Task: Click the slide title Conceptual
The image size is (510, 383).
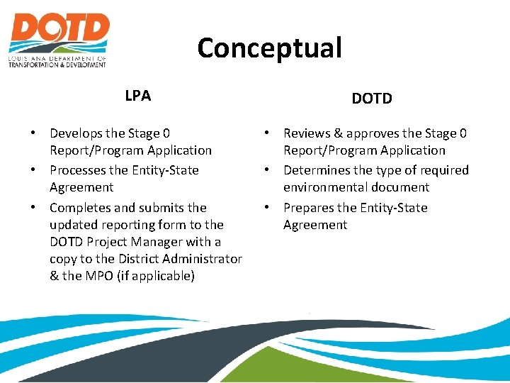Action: [x=269, y=48]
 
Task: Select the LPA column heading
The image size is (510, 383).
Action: [x=137, y=96]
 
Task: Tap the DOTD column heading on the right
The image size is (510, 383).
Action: [x=372, y=99]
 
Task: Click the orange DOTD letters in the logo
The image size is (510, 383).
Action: [x=59, y=30]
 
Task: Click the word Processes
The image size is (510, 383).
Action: [x=79, y=170]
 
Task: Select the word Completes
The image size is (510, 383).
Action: [x=80, y=208]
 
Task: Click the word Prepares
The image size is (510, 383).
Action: [x=310, y=208]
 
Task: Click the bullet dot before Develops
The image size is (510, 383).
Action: [x=34, y=133]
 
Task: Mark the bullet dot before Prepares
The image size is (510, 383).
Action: [x=268, y=208]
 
